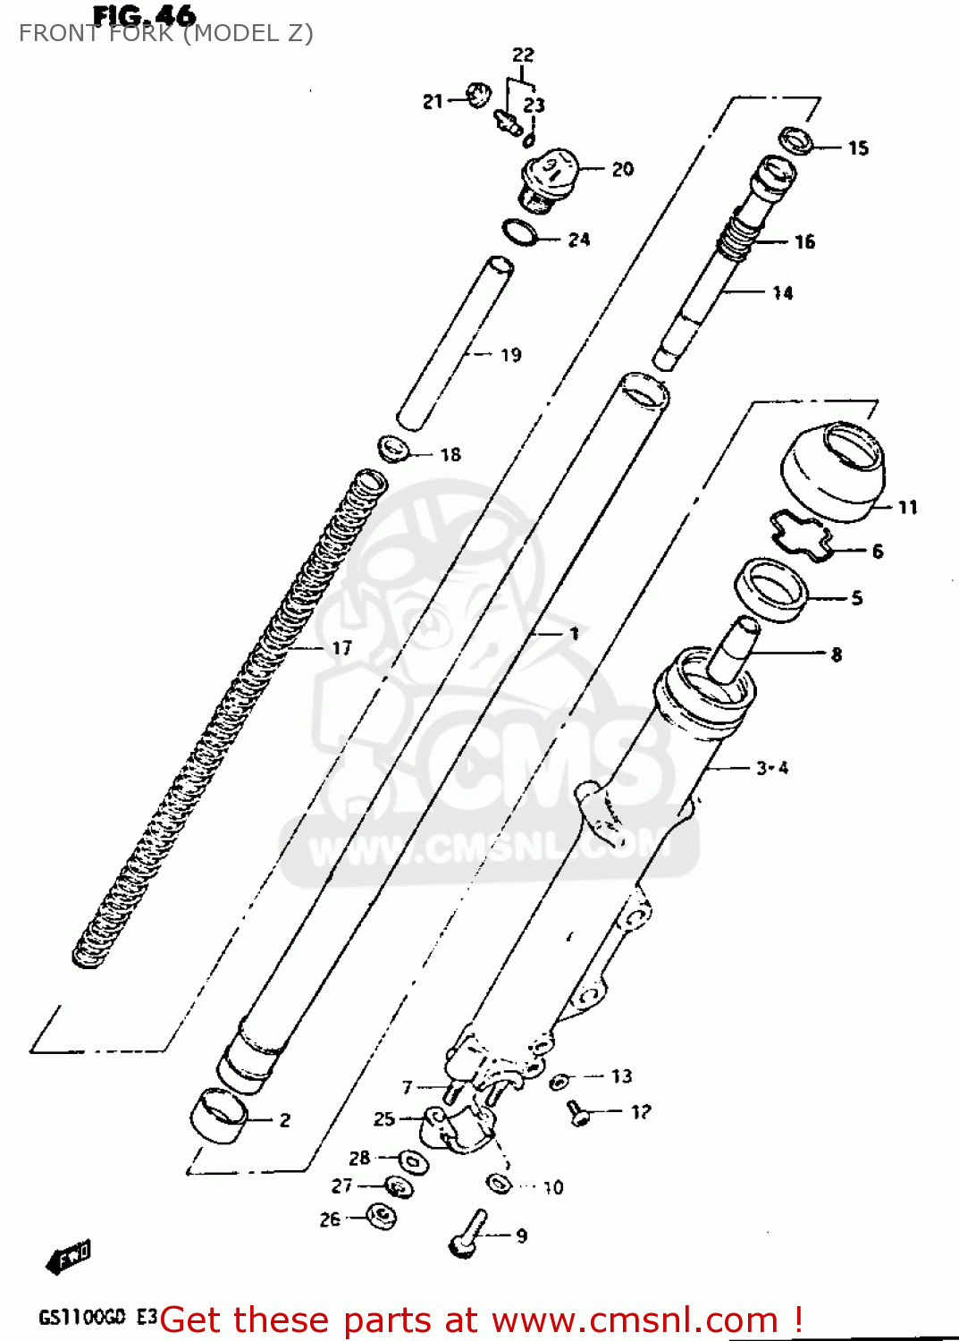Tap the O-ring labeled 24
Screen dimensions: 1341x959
(x=520, y=232)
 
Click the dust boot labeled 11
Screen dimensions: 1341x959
(x=833, y=471)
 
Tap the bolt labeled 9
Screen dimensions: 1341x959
(x=468, y=1234)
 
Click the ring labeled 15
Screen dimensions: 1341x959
(x=796, y=140)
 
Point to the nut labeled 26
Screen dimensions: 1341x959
(x=382, y=1216)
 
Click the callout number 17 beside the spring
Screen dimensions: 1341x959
(x=341, y=648)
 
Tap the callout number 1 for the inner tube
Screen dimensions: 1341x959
(x=574, y=634)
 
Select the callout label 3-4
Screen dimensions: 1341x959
(x=772, y=768)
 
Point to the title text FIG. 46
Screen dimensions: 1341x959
(x=144, y=15)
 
